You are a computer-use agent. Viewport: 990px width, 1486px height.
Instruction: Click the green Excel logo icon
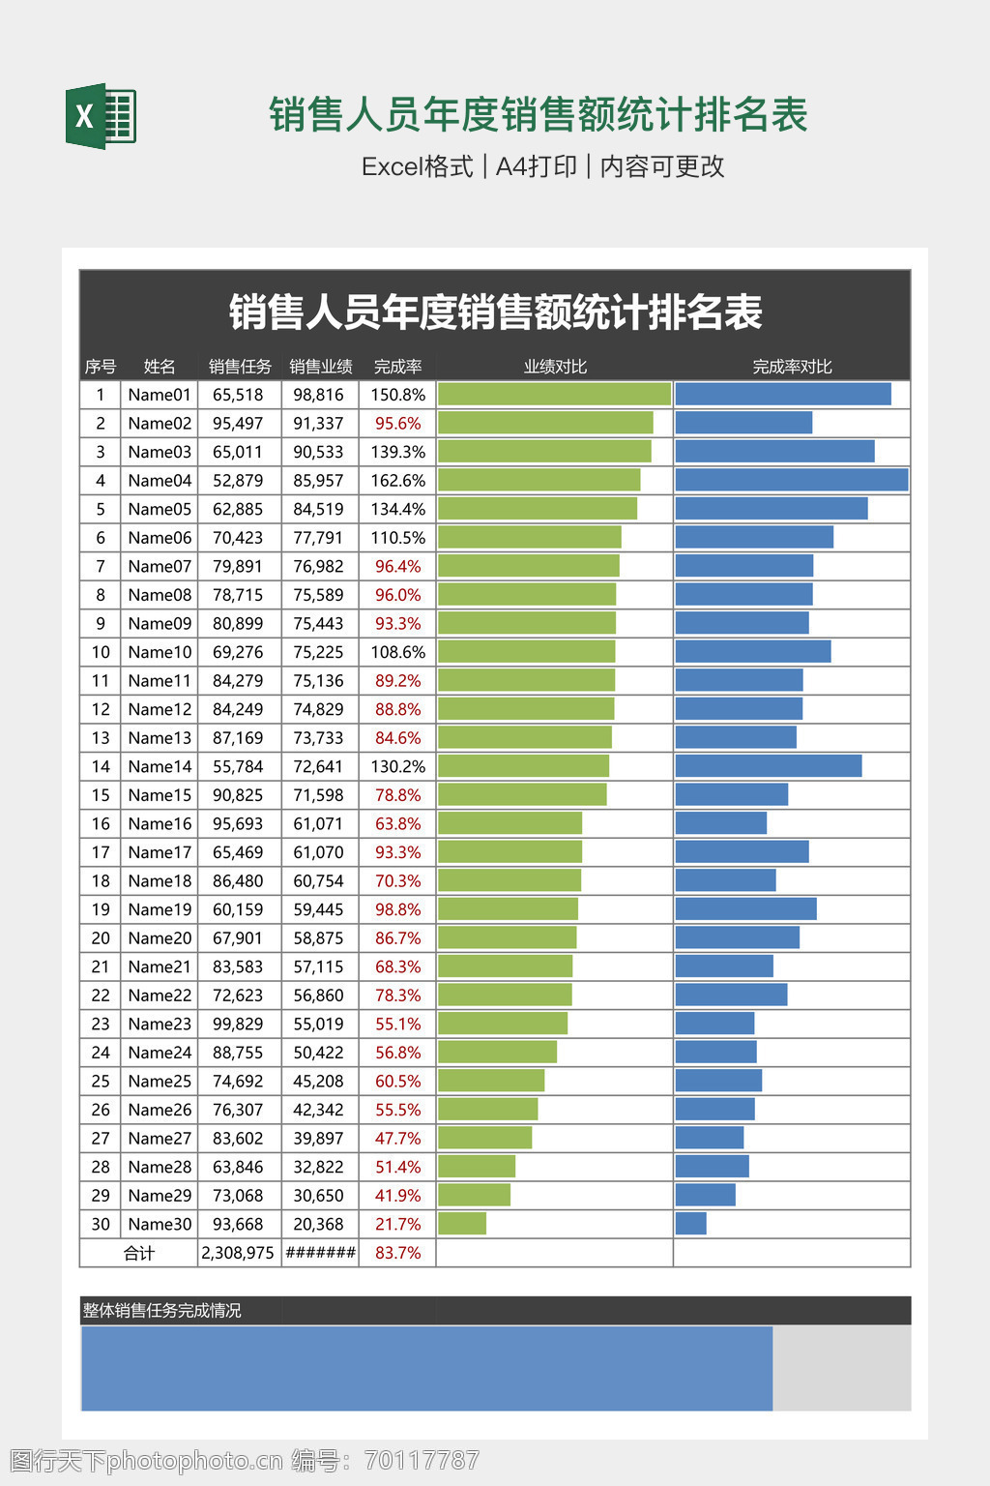pyautogui.click(x=101, y=117)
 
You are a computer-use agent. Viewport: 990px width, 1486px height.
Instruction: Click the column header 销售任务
pyautogui.click(x=240, y=367)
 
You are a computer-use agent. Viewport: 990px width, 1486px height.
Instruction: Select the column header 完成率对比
pyautogui.click(x=792, y=367)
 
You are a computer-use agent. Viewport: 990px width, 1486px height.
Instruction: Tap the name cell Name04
pyautogui.click(x=160, y=481)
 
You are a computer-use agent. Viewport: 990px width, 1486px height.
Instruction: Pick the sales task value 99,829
pyautogui.click(x=238, y=1024)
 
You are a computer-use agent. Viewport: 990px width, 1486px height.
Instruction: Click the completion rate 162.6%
pyautogui.click(x=397, y=481)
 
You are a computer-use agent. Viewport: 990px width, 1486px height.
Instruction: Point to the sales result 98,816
pyautogui.click(x=318, y=395)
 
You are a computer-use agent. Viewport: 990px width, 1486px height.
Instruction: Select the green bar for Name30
pyautogui.click(x=462, y=1224)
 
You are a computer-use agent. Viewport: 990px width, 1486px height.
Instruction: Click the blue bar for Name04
pyautogui.click(x=791, y=480)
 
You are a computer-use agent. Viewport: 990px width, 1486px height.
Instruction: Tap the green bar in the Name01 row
pyautogui.click(x=554, y=394)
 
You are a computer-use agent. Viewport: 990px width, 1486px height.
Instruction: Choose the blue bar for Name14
pyautogui.click(x=768, y=766)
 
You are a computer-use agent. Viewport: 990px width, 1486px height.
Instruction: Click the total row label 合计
pyautogui.click(x=139, y=1253)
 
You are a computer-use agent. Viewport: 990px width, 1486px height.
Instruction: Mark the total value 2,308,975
pyautogui.click(x=238, y=1253)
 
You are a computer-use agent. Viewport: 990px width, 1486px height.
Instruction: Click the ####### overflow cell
pyautogui.click(x=320, y=1253)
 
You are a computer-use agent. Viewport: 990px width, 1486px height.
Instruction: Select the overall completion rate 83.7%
pyautogui.click(x=397, y=1253)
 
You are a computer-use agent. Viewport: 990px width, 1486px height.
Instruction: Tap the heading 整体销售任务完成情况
pyautogui.click(x=161, y=1311)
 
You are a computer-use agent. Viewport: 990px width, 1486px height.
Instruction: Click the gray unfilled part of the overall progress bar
pyautogui.click(x=841, y=1368)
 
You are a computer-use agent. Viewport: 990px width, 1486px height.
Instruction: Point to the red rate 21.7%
pyautogui.click(x=397, y=1224)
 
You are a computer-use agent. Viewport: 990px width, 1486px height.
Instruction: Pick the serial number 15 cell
pyautogui.click(x=101, y=795)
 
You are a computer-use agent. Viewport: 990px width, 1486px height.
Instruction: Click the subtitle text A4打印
pyautogui.click(x=536, y=166)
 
